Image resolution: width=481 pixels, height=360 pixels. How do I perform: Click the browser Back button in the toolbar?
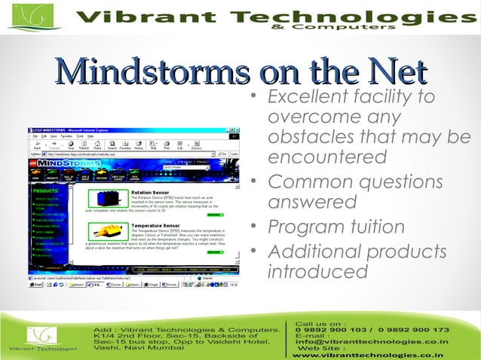click(x=37, y=146)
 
